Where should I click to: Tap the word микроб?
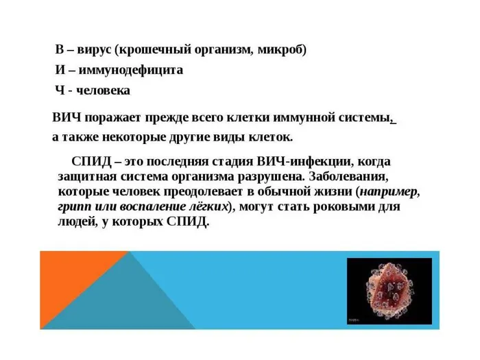tap(283, 50)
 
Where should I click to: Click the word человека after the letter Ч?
tap(107, 90)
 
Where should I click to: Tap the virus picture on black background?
tap(389, 291)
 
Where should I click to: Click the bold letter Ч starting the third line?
tap(60, 90)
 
